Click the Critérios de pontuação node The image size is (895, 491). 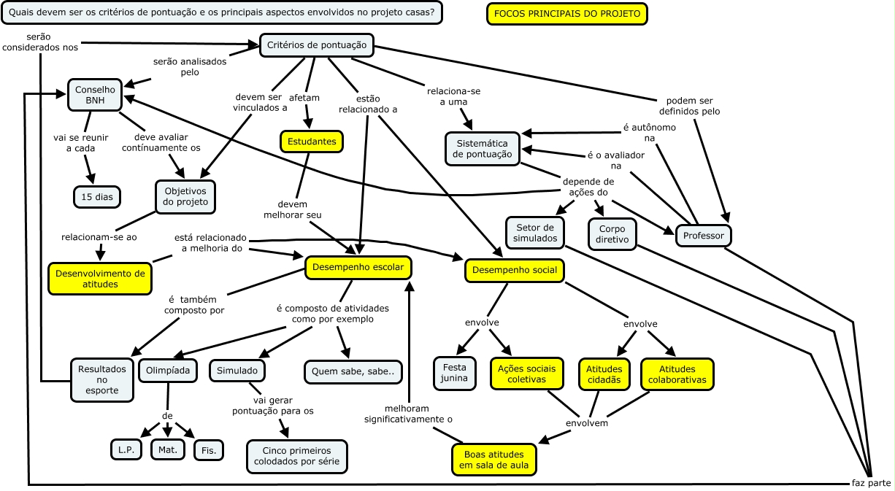tap(317, 45)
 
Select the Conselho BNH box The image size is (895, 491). tap(95, 95)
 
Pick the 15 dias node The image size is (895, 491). tap(96, 196)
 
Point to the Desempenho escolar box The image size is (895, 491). tap(358, 268)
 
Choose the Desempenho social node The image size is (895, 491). tap(515, 271)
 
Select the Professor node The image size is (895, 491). tap(704, 236)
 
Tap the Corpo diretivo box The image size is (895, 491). tap(612, 233)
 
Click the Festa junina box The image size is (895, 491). tap(455, 373)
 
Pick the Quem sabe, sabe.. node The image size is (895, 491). tap(353, 371)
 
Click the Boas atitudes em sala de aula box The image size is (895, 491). tap(493, 460)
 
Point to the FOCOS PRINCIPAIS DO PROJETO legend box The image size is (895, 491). tap(566, 14)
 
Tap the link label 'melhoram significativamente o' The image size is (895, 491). tap(409, 414)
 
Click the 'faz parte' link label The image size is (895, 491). tap(871, 483)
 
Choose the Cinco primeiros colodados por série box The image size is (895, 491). tap(297, 456)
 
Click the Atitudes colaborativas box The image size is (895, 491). tap(677, 374)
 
